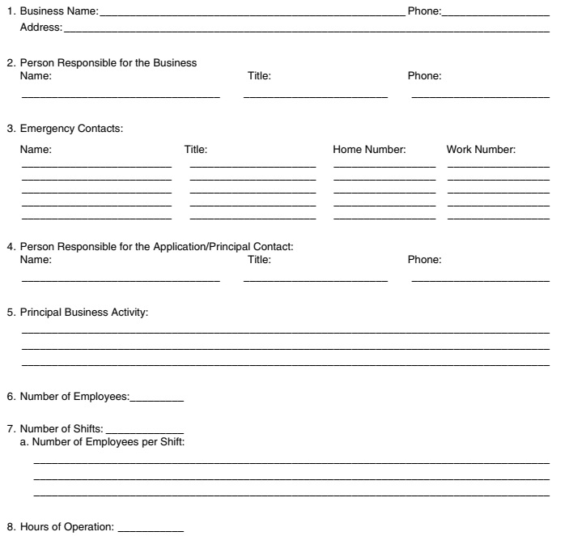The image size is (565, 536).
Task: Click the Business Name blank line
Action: [251, 15]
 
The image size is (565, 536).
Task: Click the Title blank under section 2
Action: [315, 96]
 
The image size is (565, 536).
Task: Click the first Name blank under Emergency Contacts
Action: [96, 166]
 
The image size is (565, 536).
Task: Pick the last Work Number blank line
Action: [498, 218]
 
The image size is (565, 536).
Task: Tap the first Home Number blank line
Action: [384, 166]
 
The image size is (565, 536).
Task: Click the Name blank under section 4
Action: [120, 280]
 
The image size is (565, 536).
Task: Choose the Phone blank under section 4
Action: [480, 280]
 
